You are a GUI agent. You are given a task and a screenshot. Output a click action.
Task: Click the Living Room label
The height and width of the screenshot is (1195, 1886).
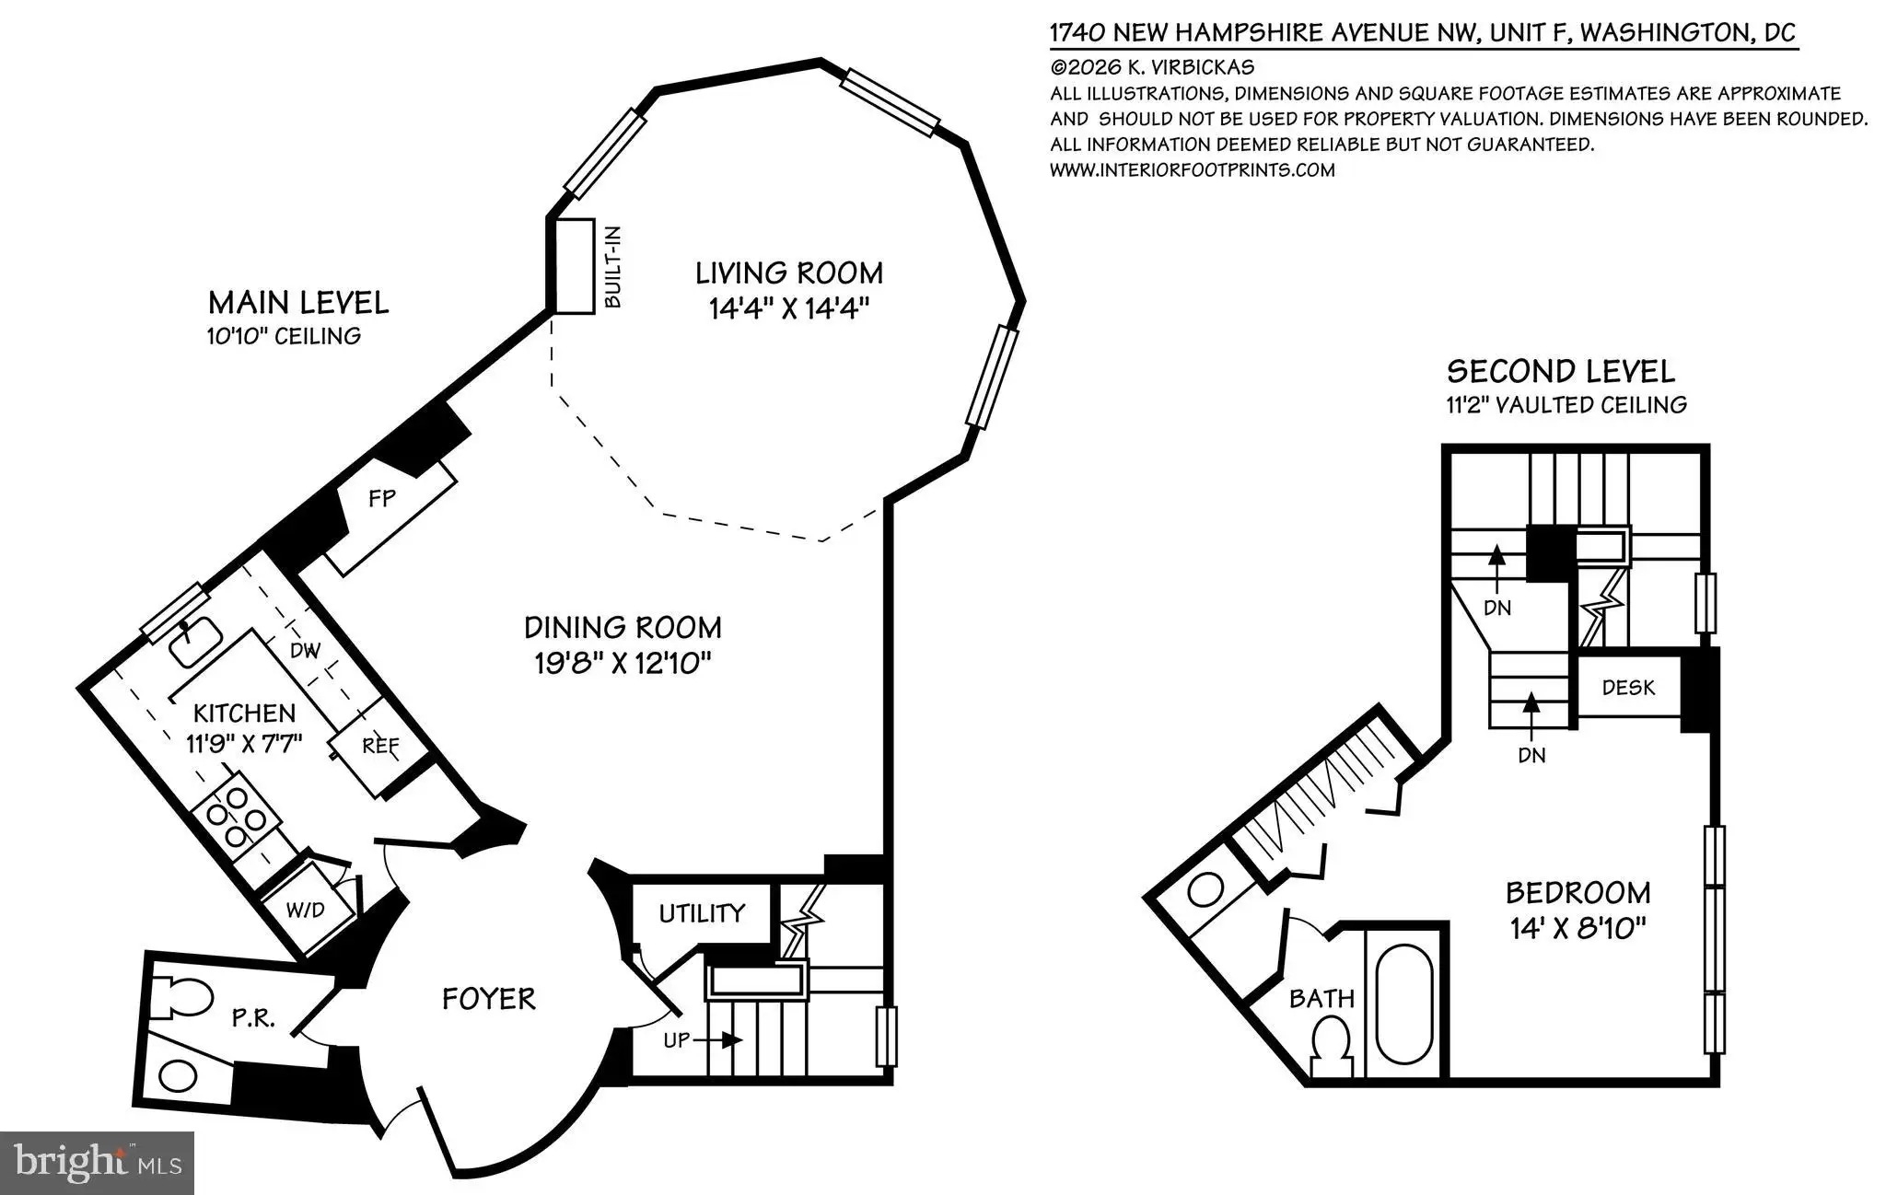coord(788,273)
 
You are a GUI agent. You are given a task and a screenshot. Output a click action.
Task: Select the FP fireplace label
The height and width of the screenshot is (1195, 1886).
coord(381,498)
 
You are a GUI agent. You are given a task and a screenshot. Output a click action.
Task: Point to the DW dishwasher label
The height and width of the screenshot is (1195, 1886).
coord(305,651)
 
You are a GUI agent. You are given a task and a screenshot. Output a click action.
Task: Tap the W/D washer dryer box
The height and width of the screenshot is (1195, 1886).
coord(306,910)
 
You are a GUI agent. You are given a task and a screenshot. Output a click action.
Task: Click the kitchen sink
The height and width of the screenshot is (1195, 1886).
coord(194,641)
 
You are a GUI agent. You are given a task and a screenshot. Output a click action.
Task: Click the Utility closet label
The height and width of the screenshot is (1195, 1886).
coord(702,913)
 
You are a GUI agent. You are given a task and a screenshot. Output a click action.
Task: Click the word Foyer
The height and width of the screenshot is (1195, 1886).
coord(489,999)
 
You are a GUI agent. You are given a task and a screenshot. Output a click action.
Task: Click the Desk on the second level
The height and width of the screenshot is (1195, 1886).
coord(1628,687)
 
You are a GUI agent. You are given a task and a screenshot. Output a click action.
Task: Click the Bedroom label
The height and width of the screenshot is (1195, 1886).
coord(1578,893)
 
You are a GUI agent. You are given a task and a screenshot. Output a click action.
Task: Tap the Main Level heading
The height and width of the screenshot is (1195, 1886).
coord(298,303)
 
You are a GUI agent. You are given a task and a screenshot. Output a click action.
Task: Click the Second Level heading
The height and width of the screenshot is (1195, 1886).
coord(1561,372)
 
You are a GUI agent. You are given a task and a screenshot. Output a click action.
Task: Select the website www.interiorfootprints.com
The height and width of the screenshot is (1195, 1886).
coord(1193,170)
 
